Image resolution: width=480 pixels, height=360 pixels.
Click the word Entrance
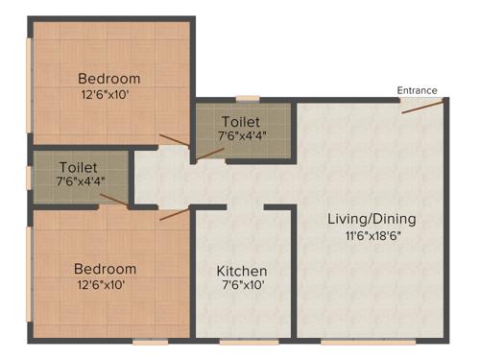point(418,90)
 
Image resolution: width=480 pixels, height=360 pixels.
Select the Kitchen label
point(241,271)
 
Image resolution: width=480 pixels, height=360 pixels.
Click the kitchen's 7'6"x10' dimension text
point(241,286)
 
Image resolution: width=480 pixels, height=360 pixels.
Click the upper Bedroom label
point(108,79)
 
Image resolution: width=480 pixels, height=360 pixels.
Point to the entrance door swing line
point(421,106)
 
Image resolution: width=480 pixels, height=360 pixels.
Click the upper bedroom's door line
point(175,142)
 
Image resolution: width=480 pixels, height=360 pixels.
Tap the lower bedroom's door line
point(174,214)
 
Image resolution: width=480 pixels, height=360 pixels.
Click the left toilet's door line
point(113,201)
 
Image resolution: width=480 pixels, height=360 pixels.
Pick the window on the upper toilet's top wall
point(247,98)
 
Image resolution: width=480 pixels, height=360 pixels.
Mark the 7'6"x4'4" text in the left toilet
point(80,181)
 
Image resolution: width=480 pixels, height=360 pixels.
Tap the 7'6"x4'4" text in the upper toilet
point(242,135)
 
